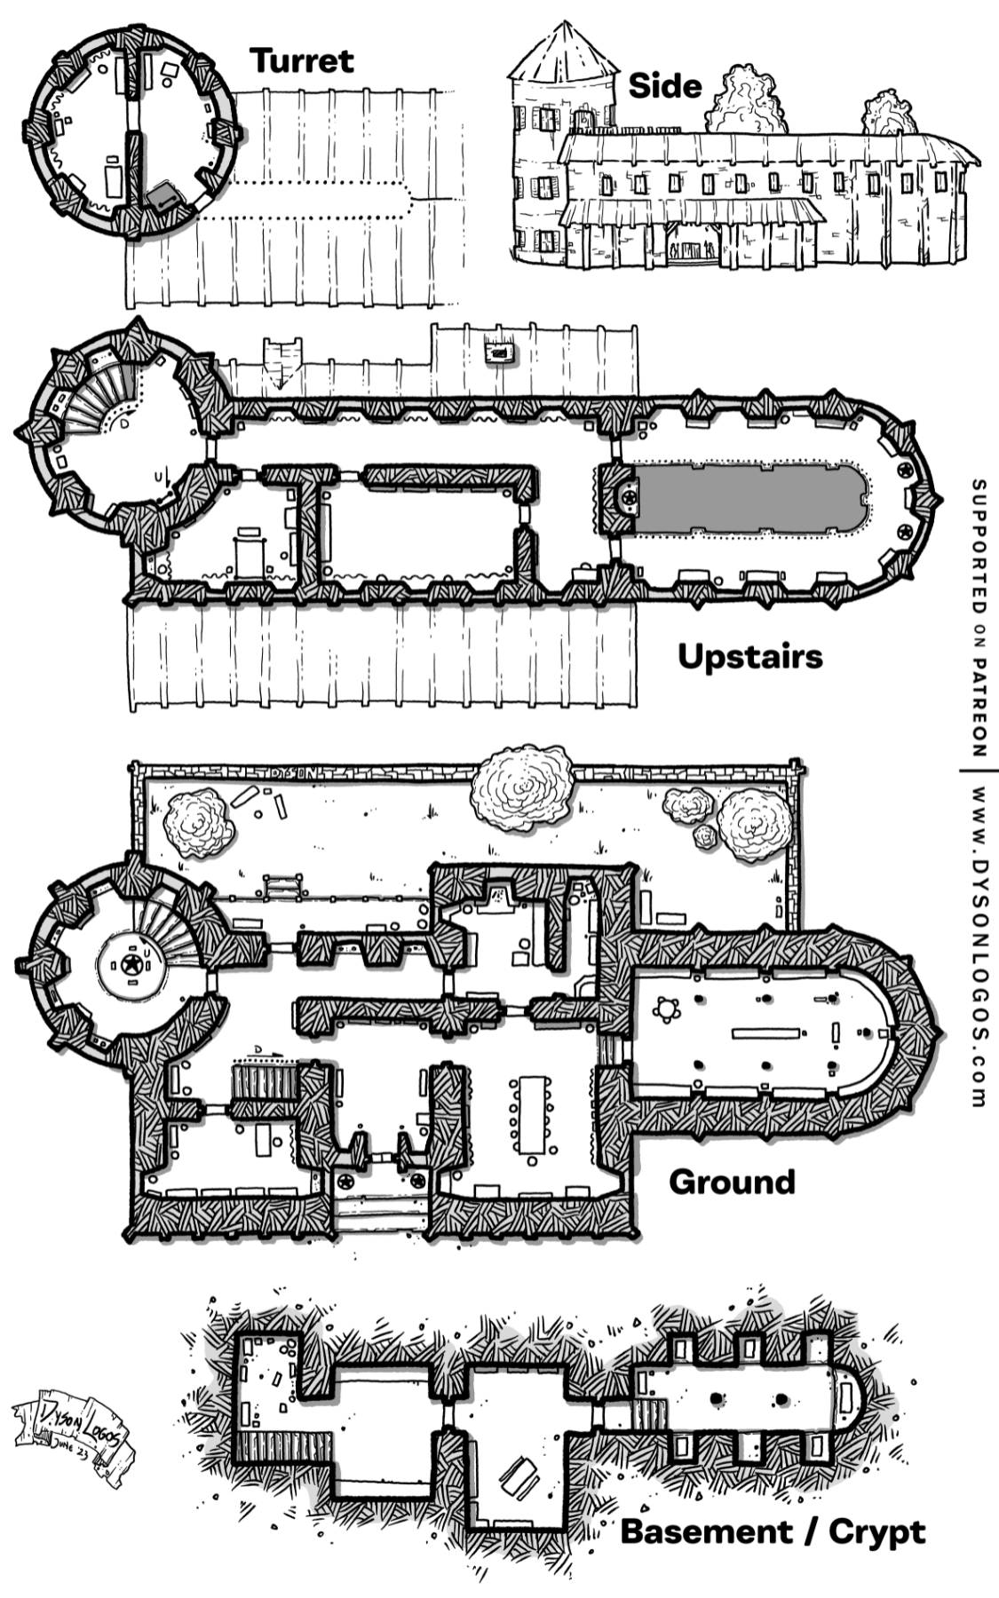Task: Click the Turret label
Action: tap(302, 60)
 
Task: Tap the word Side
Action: tap(664, 86)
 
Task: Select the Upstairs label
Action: tap(750, 657)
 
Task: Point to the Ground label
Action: tap(732, 1182)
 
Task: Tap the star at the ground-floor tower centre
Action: tap(131, 963)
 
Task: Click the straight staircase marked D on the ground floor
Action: tap(262, 1085)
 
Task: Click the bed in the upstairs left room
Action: tap(250, 554)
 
